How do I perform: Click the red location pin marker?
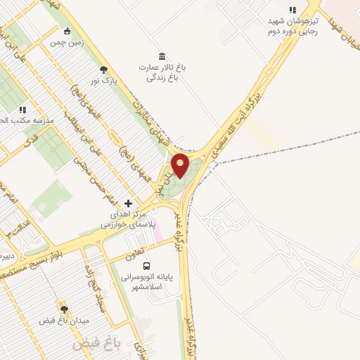pos(181,166)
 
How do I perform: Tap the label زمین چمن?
pos(67,42)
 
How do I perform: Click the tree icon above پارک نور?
pos(104,70)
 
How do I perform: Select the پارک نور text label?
pos(103,80)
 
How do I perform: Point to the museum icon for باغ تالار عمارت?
pos(162,56)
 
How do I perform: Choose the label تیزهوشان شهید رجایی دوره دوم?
pos(292,26)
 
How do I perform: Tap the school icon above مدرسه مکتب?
pos(22,110)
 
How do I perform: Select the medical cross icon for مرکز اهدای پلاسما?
pos(127,202)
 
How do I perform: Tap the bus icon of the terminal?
pos(147,266)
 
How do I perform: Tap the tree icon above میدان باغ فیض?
pos(64,309)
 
